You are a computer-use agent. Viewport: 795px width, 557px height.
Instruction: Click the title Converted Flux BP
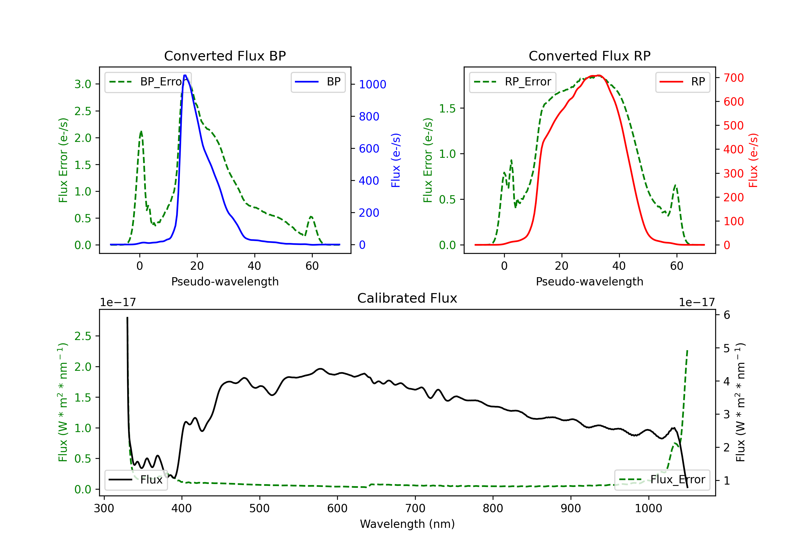pyautogui.click(x=225, y=56)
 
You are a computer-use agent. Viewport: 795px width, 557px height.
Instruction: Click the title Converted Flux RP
pyautogui.click(x=589, y=56)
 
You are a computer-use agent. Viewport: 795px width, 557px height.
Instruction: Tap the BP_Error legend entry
pyautogui.click(x=148, y=82)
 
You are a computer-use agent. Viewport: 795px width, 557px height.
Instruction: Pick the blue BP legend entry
pyautogui.click(x=318, y=82)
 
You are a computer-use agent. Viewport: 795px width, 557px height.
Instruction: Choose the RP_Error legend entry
pyautogui.click(x=513, y=82)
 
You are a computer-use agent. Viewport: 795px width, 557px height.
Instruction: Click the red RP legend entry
pyautogui.click(x=682, y=82)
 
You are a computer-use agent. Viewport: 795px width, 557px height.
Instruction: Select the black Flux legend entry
pyautogui.click(x=136, y=480)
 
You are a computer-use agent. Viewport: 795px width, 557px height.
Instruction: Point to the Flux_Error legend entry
pyautogui.click(x=662, y=480)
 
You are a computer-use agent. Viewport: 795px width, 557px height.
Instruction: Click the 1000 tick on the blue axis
pyautogui.click(x=372, y=84)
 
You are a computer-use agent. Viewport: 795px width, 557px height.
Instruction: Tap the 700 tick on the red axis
pyautogui.click(x=733, y=78)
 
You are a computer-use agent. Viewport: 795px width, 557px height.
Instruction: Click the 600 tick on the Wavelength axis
pyautogui.click(x=337, y=508)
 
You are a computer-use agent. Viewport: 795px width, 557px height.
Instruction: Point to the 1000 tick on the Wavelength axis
pyautogui.click(x=648, y=508)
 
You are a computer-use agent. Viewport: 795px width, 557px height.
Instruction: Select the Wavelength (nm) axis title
pyautogui.click(x=407, y=524)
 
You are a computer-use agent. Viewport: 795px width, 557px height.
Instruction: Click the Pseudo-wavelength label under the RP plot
pyautogui.click(x=589, y=281)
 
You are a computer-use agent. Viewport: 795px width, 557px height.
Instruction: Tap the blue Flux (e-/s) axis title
pyautogui.click(x=395, y=160)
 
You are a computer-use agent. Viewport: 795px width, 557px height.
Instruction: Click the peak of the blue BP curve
pyautogui.click(x=185, y=75)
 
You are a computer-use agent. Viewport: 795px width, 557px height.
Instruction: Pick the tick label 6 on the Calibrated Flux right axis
pyautogui.click(x=727, y=315)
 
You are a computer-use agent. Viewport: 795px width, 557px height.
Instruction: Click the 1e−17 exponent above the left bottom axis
pyautogui.click(x=118, y=302)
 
